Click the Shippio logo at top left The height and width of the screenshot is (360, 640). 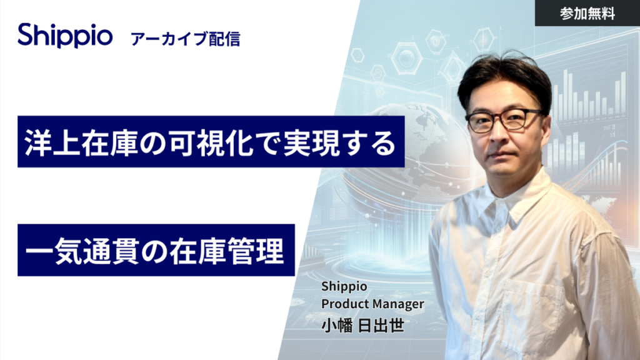(65, 36)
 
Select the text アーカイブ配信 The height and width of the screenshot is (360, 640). (186, 39)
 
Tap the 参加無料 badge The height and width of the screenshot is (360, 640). (587, 13)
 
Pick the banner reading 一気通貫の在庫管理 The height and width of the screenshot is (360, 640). (156, 250)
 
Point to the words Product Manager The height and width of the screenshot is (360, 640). (372, 304)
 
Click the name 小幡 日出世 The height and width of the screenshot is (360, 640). (362, 325)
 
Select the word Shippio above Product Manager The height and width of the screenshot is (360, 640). (344, 287)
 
